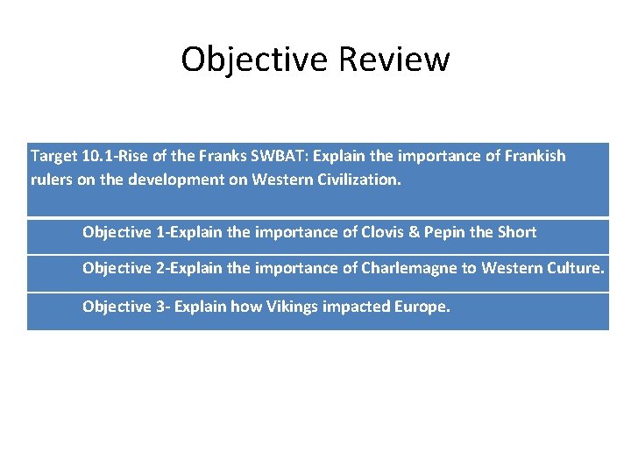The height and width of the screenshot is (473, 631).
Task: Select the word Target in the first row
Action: tap(54, 156)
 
